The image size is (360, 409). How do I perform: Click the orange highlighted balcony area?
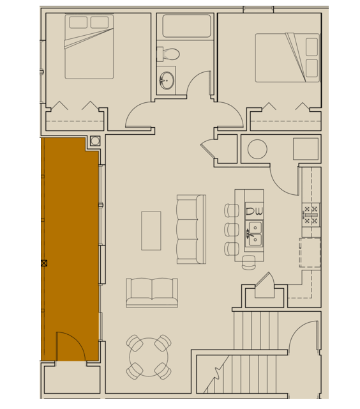point(70,243)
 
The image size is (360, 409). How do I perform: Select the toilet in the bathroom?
point(170,54)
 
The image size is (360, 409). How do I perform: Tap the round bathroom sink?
point(167,81)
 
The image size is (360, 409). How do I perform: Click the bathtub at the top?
point(186,26)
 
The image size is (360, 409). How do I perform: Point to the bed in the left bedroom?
point(89,47)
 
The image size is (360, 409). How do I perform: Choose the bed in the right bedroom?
point(287,58)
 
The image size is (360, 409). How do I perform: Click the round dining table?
point(149,357)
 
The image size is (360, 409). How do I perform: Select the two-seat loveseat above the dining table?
point(152,292)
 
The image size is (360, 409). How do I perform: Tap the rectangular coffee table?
point(151,230)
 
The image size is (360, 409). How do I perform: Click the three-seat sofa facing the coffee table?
point(191,229)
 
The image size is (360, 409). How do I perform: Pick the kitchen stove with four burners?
point(311,215)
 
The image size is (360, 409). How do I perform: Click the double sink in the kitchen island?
point(255,234)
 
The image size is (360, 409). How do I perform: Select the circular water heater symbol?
point(257,149)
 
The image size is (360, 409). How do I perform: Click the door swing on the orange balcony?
point(70,346)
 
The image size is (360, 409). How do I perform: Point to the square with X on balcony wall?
point(44,263)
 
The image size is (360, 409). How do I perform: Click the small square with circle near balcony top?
point(95,141)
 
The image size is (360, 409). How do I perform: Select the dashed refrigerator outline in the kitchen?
point(310,253)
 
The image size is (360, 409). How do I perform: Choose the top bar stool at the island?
point(231,210)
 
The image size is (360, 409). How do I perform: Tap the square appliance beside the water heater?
point(306,149)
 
